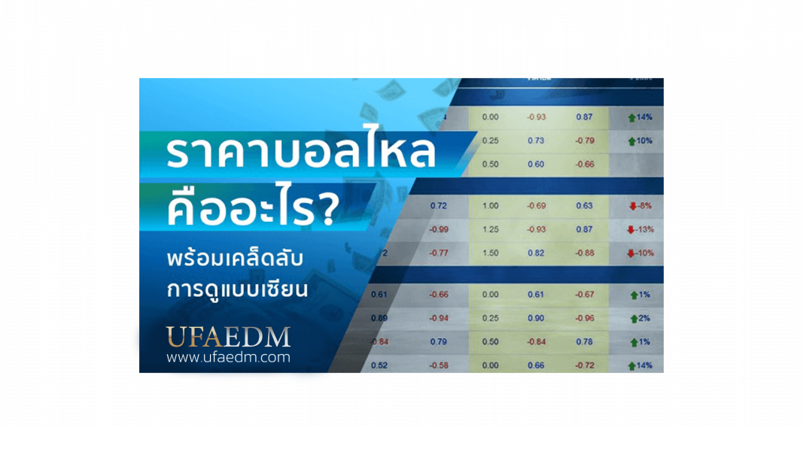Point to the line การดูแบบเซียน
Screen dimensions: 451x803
click(237, 289)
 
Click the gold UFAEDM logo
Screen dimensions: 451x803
click(228, 335)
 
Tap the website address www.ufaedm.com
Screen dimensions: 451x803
click(228, 358)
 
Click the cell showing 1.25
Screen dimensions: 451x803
click(490, 229)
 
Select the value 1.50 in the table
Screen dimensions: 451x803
click(490, 253)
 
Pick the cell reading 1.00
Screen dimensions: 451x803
click(490, 204)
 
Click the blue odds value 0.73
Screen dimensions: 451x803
click(536, 141)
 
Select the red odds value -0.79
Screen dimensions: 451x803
click(585, 141)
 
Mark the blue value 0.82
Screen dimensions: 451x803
click(536, 253)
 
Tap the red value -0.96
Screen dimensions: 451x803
click(585, 318)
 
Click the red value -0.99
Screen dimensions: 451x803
click(438, 229)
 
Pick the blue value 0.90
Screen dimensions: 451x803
click(536, 318)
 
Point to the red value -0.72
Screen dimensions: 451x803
click(585, 365)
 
